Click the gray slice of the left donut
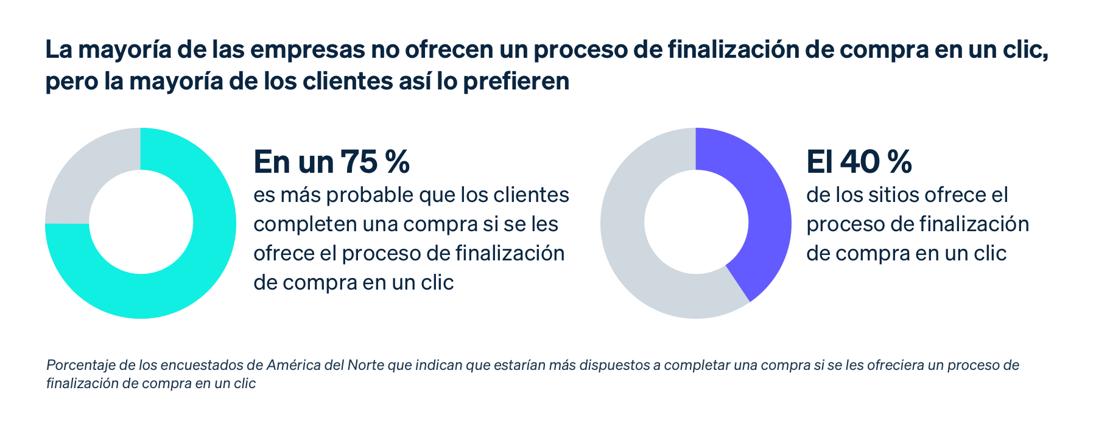79,176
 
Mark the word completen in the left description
305,224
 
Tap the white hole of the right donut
696,223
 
